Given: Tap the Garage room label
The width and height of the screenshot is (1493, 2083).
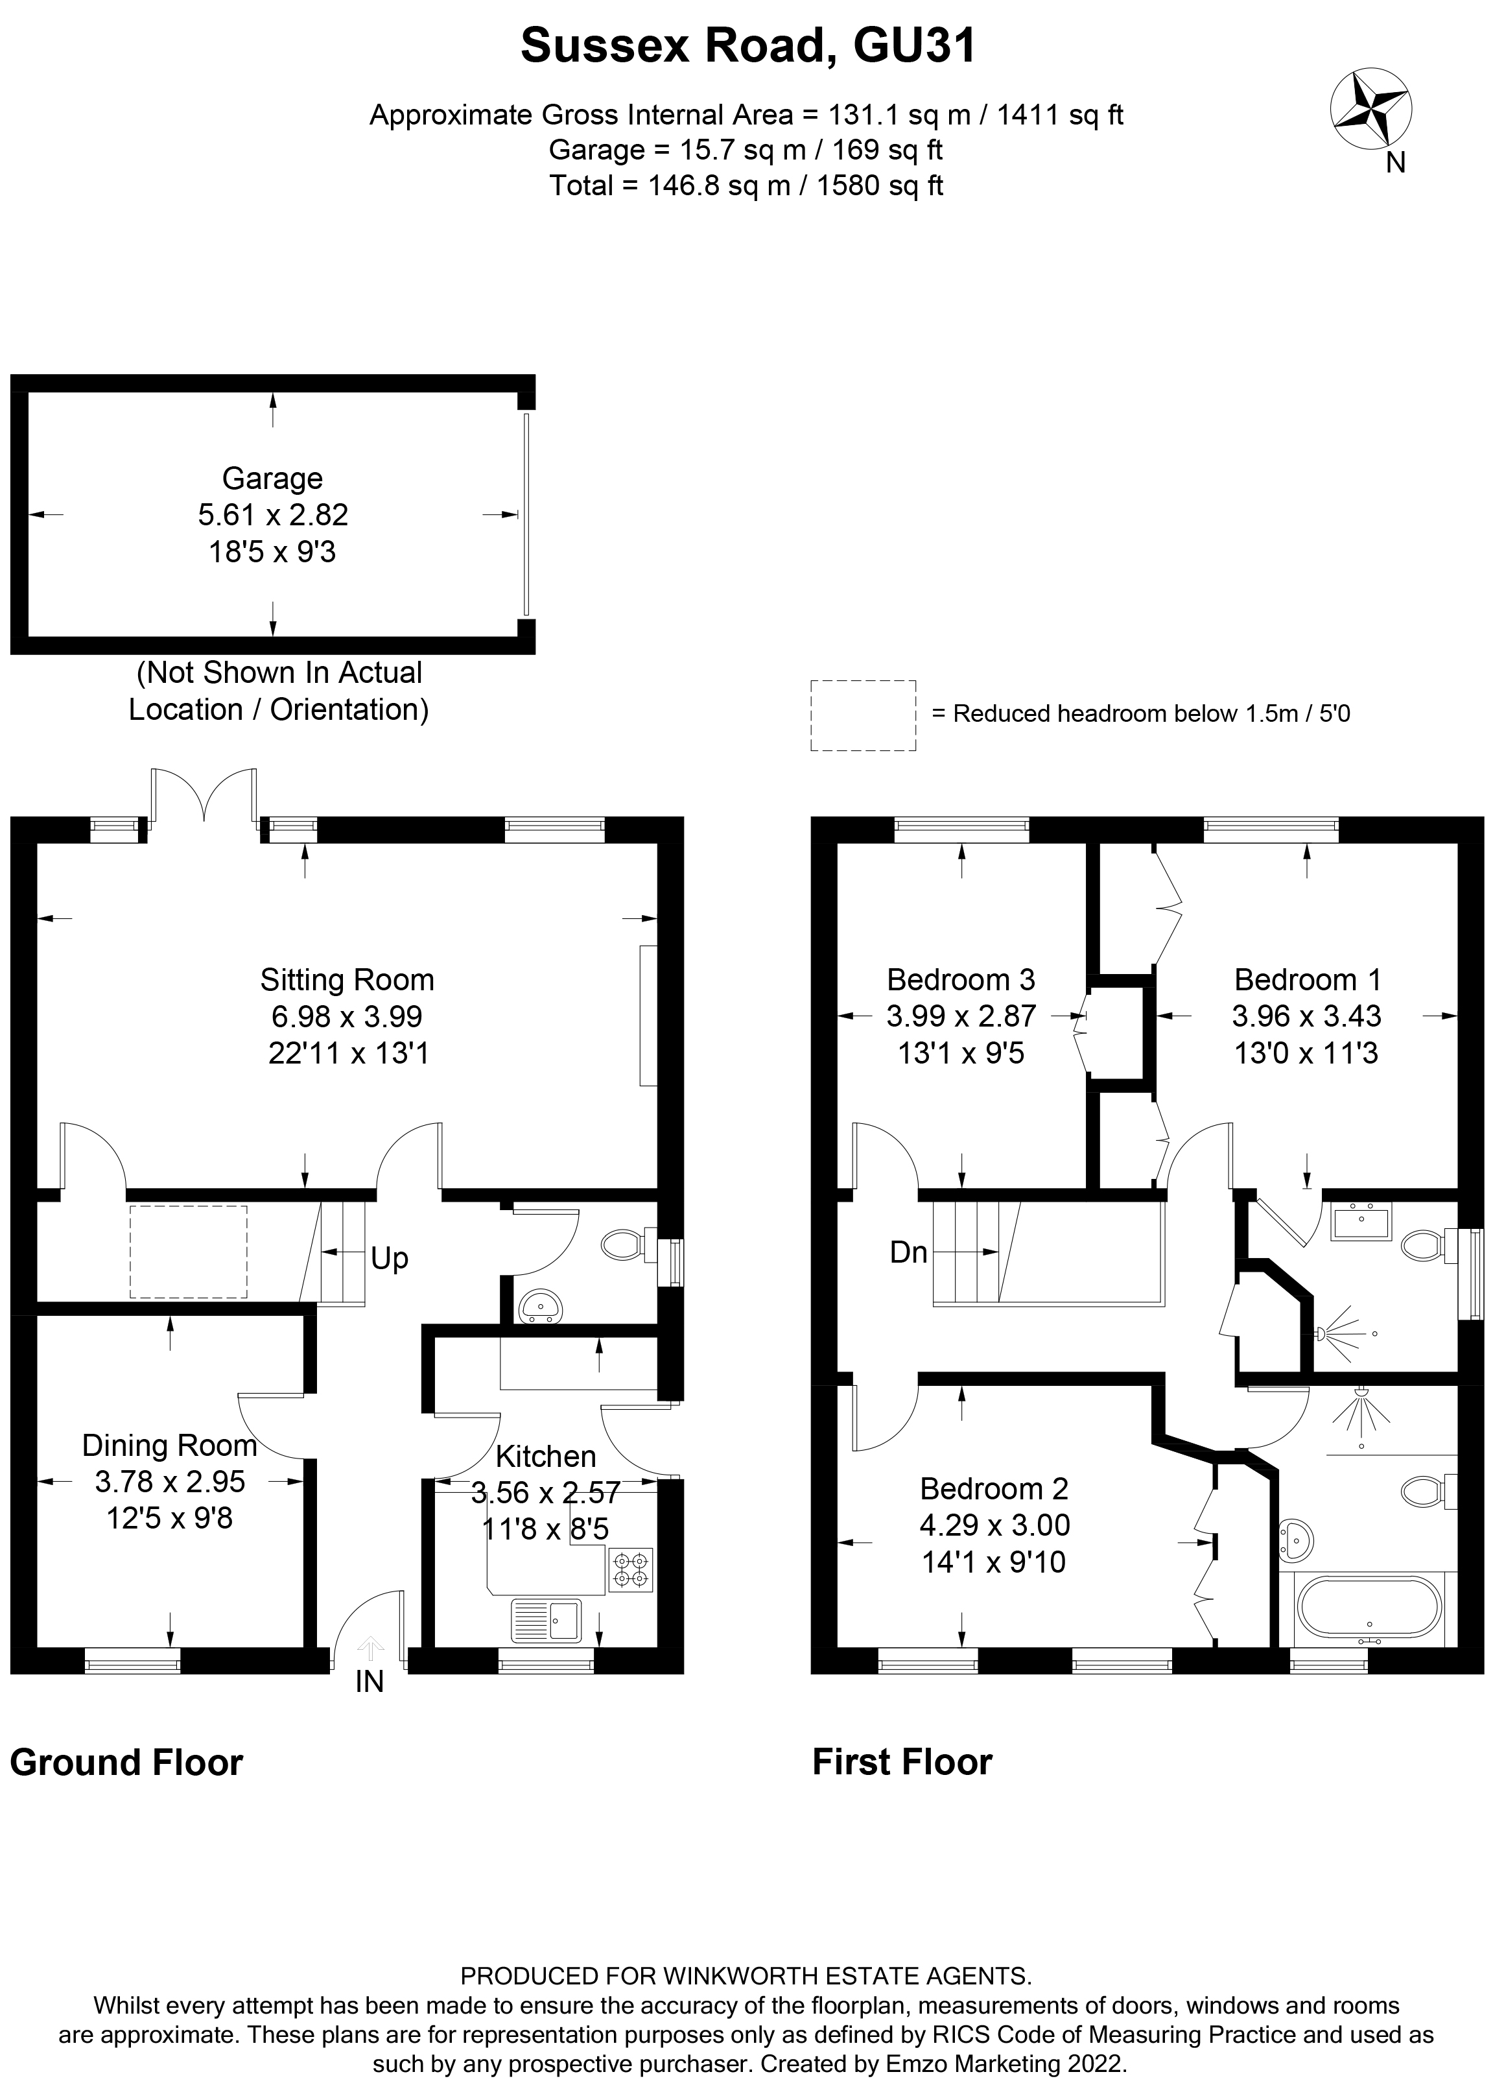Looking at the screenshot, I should click(273, 479).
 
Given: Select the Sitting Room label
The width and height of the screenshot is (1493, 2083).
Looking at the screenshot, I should click(347, 980).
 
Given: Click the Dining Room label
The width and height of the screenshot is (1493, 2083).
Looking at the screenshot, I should click(170, 1445).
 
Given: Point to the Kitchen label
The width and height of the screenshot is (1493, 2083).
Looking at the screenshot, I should click(545, 1456).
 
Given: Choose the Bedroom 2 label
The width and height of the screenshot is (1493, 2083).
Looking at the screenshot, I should click(994, 1489).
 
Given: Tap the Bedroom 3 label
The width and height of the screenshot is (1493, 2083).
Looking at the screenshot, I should click(961, 980).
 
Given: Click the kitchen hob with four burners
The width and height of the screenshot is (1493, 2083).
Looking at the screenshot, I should click(631, 1569).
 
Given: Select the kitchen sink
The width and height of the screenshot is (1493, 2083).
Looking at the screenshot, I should click(547, 1620).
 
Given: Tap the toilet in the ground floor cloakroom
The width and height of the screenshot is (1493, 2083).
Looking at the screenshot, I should click(624, 1246).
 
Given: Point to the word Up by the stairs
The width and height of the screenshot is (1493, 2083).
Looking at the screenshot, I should click(390, 1257).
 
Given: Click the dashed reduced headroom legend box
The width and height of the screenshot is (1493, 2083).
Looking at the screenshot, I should click(862, 715).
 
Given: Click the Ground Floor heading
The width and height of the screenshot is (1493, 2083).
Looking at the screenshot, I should click(126, 1763).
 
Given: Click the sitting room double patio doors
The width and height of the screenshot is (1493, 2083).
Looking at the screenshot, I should click(203, 795).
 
